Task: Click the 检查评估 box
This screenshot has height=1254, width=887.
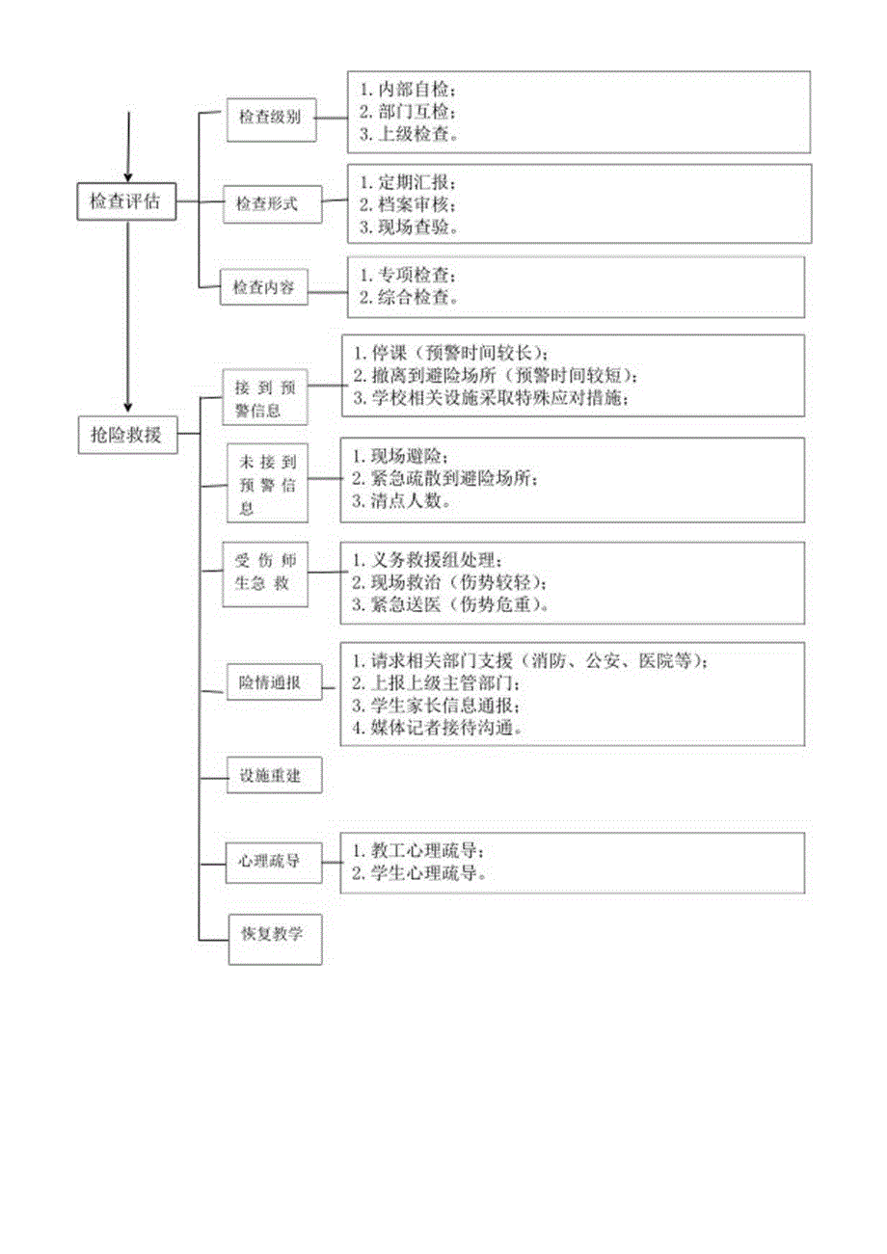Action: [126, 202]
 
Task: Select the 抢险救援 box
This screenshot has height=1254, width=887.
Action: [126, 435]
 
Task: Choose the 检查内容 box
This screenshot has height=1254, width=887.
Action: [264, 286]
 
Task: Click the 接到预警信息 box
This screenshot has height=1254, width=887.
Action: [266, 397]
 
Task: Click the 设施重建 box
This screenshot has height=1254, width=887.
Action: [274, 775]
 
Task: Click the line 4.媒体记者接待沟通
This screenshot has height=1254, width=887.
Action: [438, 728]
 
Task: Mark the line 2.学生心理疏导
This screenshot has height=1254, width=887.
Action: [417, 874]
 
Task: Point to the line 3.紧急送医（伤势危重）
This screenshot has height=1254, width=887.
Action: [452, 605]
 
